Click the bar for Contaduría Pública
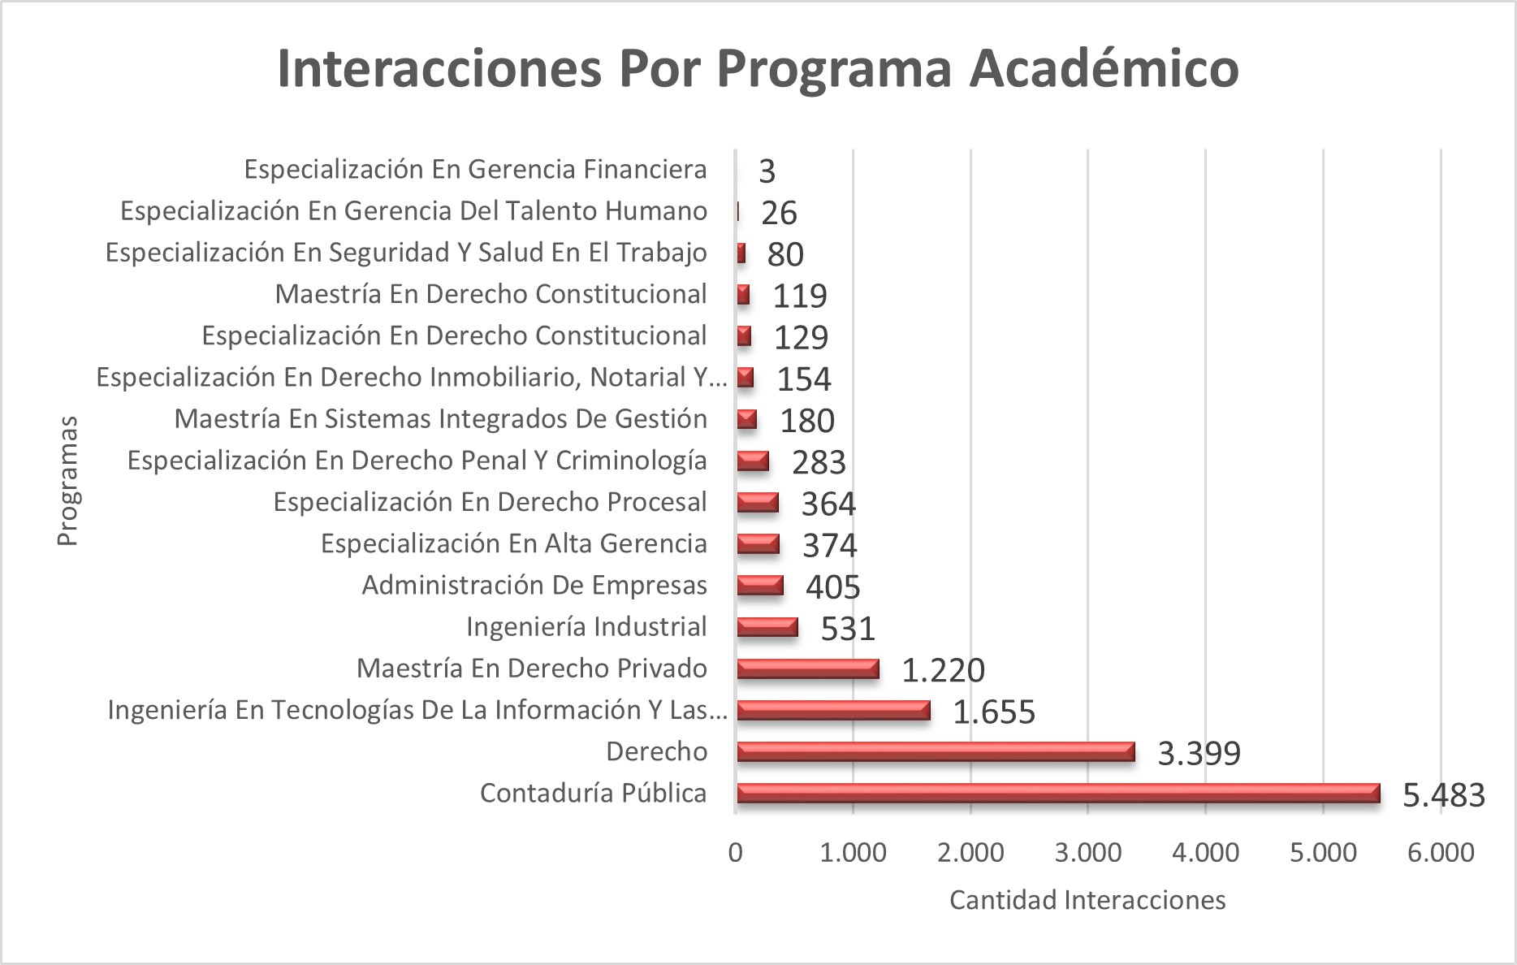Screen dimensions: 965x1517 (x=1057, y=793)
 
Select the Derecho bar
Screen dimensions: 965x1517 (x=935, y=751)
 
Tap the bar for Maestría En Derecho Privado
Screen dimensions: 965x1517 (x=807, y=669)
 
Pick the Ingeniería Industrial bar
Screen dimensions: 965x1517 (x=767, y=627)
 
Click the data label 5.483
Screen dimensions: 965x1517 (x=1443, y=795)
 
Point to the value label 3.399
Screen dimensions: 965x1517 (x=1199, y=754)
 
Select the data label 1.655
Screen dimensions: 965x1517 (x=993, y=712)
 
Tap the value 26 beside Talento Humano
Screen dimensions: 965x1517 (x=779, y=214)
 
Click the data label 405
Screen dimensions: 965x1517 (x=832, y=587)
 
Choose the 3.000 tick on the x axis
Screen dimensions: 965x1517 (x=1088, y=853)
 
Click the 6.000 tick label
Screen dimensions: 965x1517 (x=1441, y=853)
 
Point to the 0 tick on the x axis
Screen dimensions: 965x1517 (x=736, y=853)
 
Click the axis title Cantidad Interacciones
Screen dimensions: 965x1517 (x=1087, y=900)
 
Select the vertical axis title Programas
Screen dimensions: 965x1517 (x=68, y=481)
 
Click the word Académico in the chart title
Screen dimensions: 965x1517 (x=1104, y=68)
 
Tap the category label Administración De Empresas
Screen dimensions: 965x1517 (x=534, y=586)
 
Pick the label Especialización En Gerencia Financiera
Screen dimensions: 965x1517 (x=475, y=170)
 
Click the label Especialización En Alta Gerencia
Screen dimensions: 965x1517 (x=513, y=544)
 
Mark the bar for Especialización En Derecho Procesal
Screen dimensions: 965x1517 (x=757, y=503)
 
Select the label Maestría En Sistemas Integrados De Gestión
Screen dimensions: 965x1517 (x=440, y=419)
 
